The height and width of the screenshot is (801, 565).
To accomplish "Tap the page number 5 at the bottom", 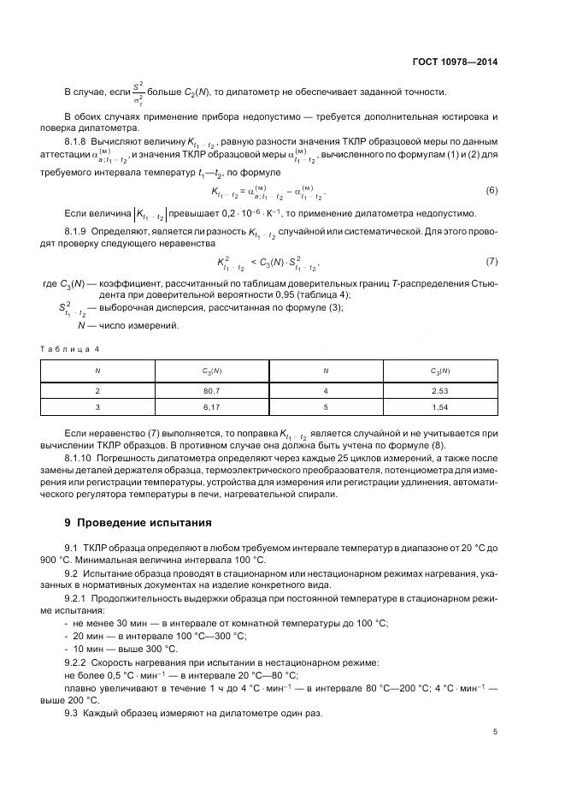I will point(495,731).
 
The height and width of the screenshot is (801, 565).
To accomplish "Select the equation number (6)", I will point(491,190).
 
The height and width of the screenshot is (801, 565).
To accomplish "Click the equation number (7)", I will point(491,261).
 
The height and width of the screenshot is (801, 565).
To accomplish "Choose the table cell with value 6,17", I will point(211,406).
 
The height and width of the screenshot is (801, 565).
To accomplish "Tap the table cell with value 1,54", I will point(439,406).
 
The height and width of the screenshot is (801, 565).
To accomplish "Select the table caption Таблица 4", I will point(73,349).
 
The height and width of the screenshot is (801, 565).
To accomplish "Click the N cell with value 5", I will point(326,406).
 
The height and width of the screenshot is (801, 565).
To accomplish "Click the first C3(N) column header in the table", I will point(211,371).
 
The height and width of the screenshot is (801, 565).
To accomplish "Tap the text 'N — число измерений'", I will point(128,325).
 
